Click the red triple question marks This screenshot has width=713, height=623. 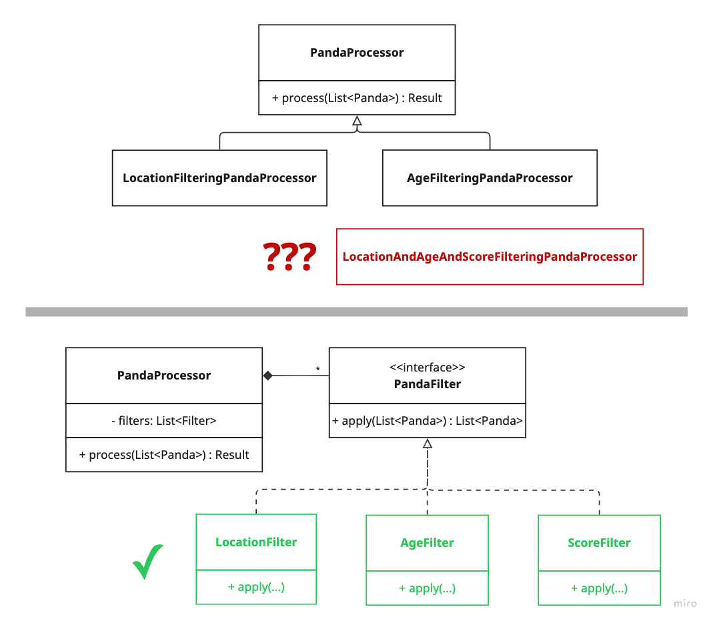[289, 257]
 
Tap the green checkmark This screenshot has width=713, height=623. [148, 562]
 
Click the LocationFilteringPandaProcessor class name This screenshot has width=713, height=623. [219, 178]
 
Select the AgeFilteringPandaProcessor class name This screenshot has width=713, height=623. [490, 178]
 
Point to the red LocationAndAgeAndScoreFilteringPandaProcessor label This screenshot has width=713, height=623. [490, 257]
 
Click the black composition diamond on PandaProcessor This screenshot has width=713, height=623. [268, 376]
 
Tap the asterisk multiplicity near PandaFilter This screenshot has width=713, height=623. [318, 369]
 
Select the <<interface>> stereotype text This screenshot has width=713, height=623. [428, 367]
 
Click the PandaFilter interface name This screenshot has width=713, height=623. [428, 384]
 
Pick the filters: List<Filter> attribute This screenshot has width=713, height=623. [164, 421]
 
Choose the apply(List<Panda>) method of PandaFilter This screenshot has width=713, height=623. [428, 421]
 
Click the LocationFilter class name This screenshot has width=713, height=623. [256, 542]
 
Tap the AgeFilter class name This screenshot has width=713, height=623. [427, 542]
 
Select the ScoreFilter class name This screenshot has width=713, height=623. [600, 542]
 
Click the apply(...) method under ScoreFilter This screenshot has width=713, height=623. [600, 588]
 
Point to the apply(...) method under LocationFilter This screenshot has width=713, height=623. [256, 586]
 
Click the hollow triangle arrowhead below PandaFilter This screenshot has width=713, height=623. [428, 444]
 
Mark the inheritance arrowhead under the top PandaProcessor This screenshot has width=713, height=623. [358, 121]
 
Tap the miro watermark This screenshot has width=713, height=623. [685, 604]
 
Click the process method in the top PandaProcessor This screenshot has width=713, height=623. [357, 98]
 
